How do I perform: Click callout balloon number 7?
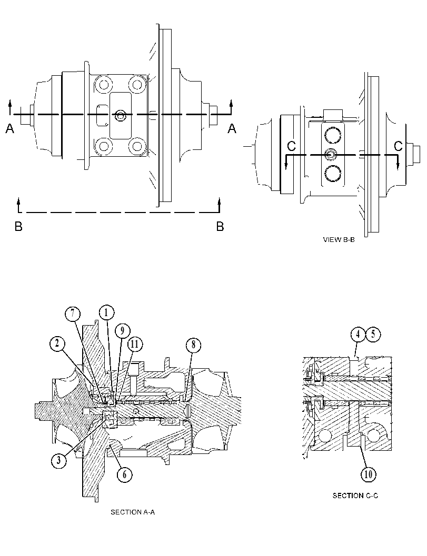pos(73,314)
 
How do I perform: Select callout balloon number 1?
pos(106,313)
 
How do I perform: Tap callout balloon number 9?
pos(122,331)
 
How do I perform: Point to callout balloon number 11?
pos(135,345)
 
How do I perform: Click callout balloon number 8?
pos(193,345)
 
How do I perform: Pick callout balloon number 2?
pos(58,344)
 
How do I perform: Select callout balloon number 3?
pos(58,460)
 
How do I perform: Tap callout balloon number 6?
pos(125,474)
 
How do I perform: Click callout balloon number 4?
pos(358,335)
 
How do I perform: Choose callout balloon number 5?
pos(373,335)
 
